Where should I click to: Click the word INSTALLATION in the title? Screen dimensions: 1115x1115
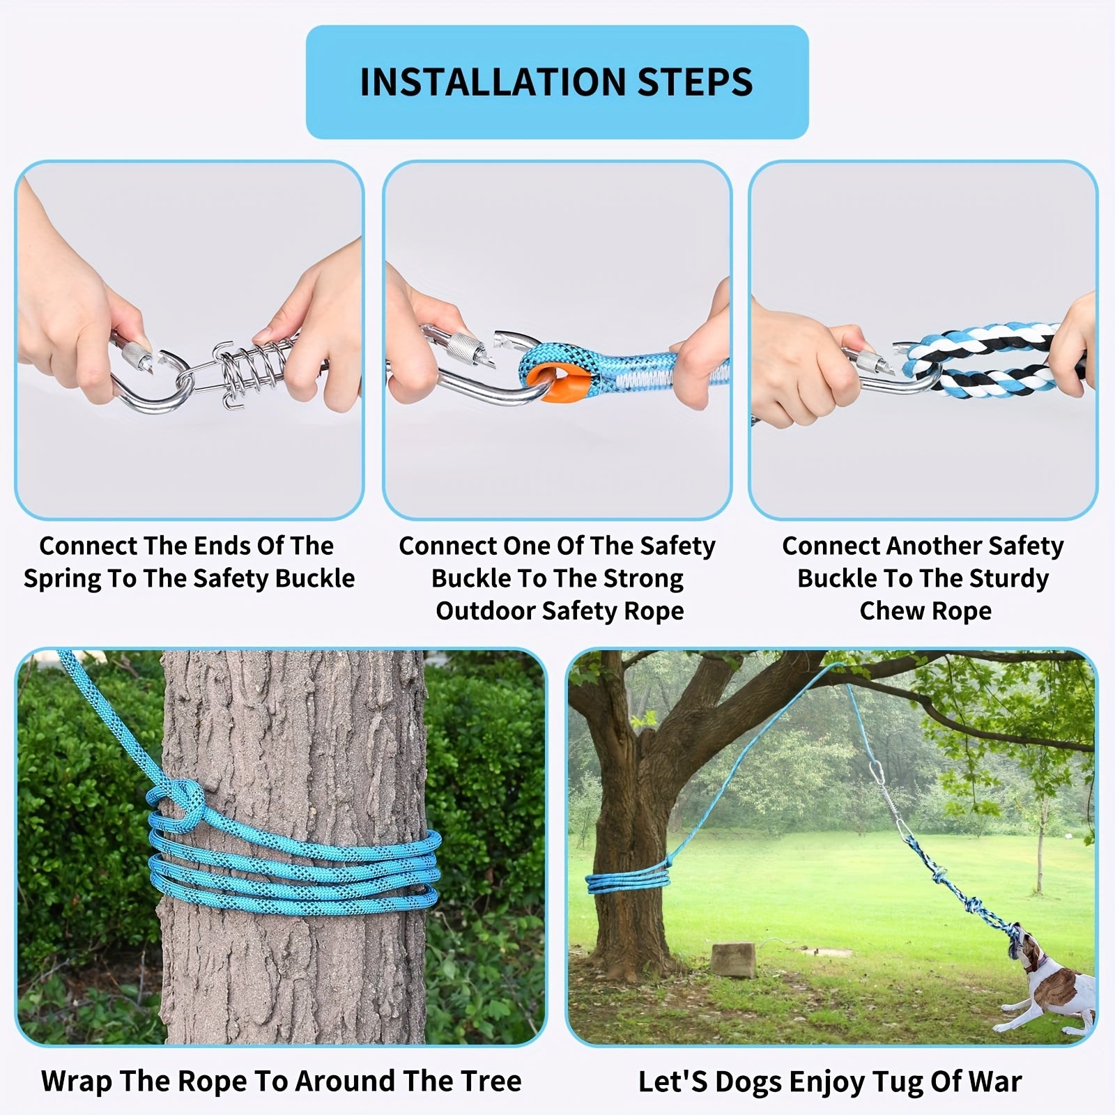(492, 82)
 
